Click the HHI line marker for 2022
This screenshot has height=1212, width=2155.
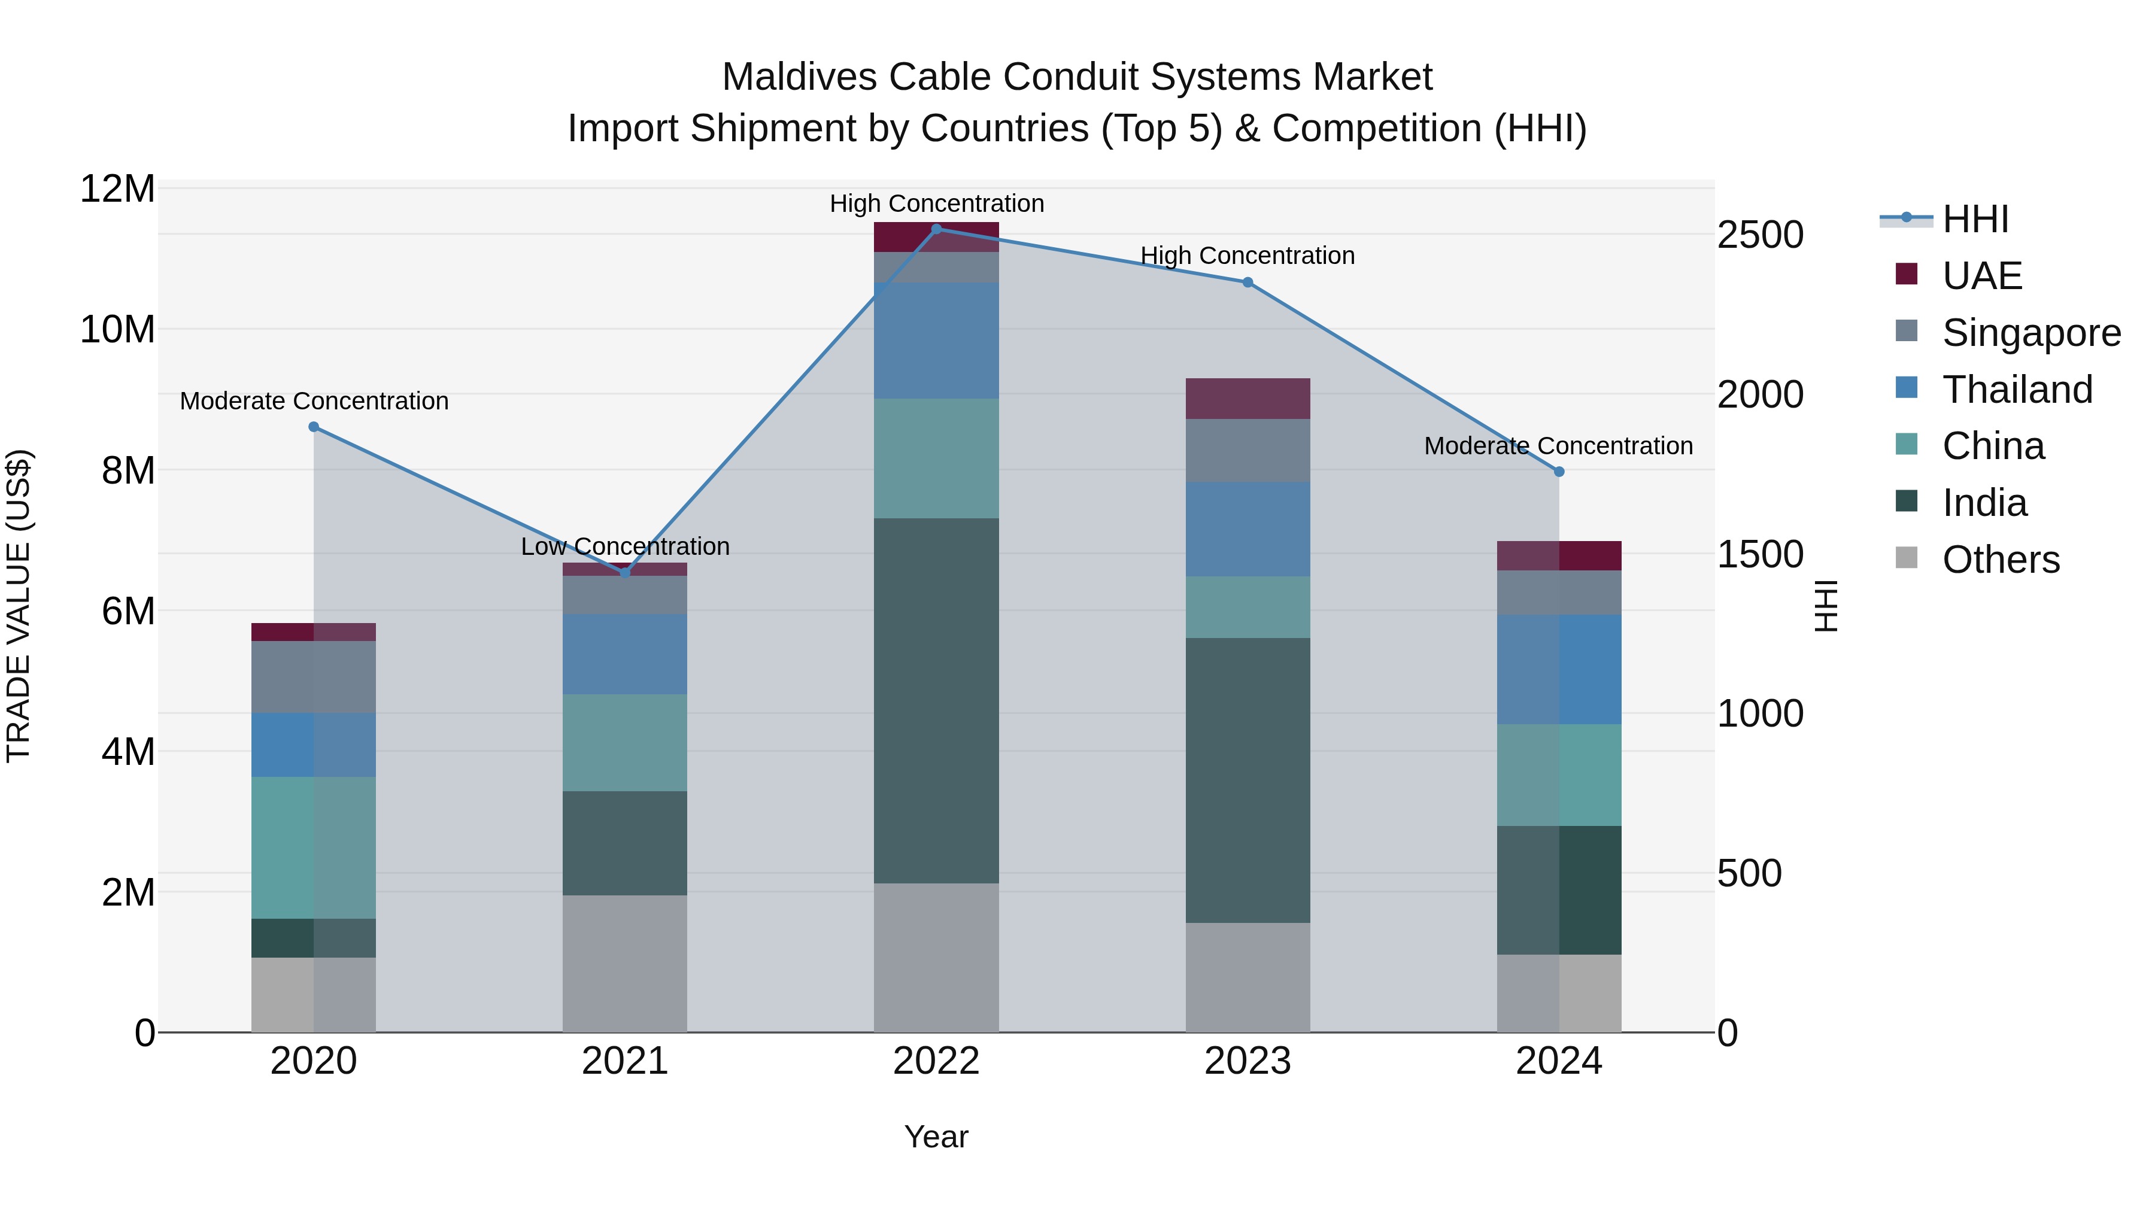[936, 229]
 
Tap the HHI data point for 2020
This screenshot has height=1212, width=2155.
[314, 427]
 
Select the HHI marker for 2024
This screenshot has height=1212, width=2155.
[1559, 472]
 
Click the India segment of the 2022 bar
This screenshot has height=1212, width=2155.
[936, 701]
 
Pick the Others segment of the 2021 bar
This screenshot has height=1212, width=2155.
[625, 964]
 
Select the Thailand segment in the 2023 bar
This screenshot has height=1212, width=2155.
[1248, 528]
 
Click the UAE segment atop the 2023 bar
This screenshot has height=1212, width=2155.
[1248, 398]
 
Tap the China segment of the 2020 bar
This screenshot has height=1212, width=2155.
[314, 848]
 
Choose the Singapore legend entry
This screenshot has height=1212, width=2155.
[2030, 333]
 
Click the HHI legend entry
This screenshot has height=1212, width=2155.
[1974, 219]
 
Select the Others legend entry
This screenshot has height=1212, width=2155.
[1999, 560]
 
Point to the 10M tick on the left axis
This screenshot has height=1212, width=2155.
[117, 330]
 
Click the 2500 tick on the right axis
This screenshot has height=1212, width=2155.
[1760, 235]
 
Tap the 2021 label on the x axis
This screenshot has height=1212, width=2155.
[625, 1061]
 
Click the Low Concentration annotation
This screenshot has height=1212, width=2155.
[625, 546]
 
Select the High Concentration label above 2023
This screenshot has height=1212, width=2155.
[1248, 255]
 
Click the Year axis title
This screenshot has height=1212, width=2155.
[936, 1137]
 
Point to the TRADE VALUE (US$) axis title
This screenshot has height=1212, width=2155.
[19, 606]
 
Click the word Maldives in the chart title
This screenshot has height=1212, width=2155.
[798, 77]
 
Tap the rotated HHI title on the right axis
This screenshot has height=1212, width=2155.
[1827, 606]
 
